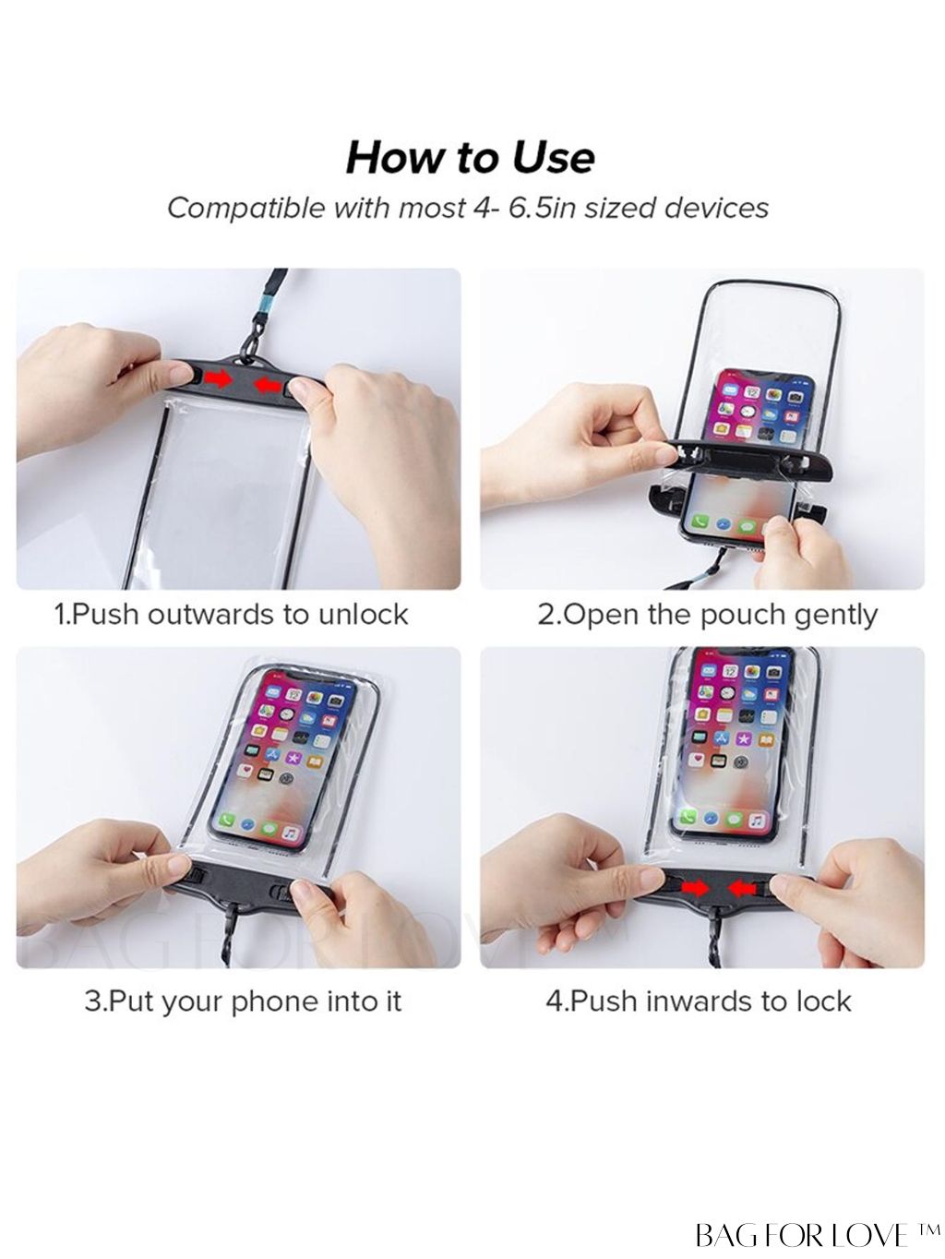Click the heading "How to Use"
point(471,158)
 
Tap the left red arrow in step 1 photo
point(220,379)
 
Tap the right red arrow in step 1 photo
point(268,385)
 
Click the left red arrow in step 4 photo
point(696,888)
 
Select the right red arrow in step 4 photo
point(743,890)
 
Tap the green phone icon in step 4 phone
point(688,819)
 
